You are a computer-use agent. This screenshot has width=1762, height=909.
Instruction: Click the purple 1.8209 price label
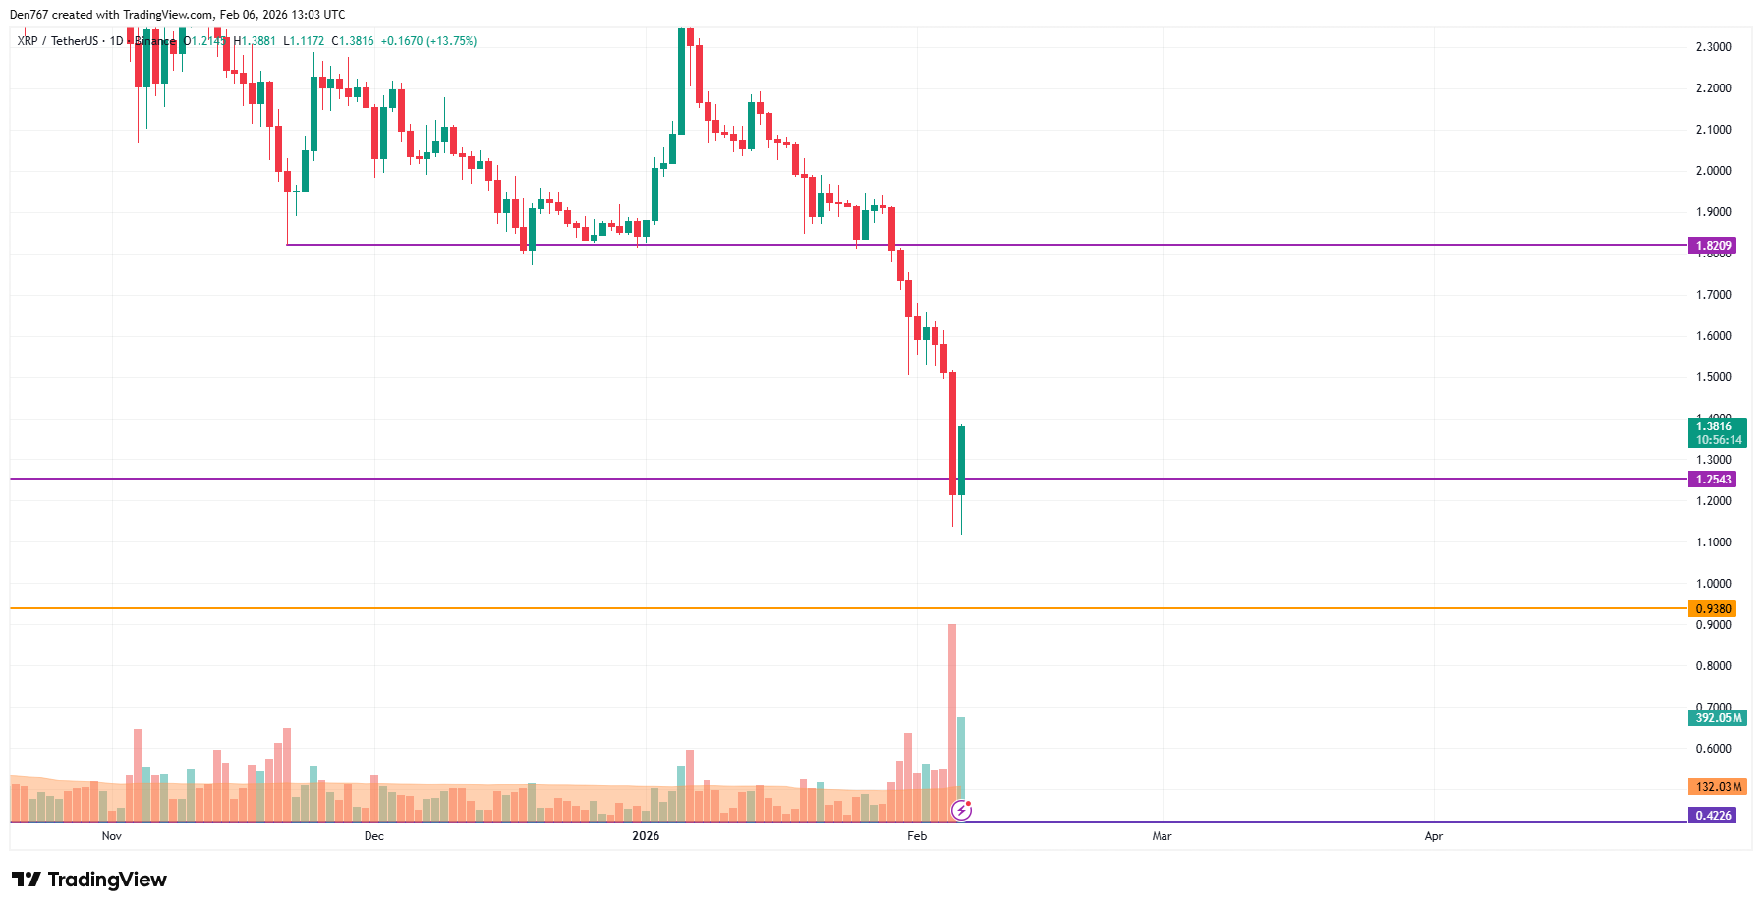pos(1712,245)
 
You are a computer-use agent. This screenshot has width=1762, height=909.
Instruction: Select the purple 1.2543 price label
pos(1712,479)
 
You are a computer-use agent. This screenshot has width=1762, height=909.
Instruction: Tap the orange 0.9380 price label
pos(1712,608)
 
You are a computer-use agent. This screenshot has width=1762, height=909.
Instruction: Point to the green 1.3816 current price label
pos(1716,426)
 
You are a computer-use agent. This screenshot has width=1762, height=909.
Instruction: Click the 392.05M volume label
pos(1717,717)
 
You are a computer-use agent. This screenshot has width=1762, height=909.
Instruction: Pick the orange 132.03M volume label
pos(1717,786)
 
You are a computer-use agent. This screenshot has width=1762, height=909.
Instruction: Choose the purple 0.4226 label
pos(1712,815)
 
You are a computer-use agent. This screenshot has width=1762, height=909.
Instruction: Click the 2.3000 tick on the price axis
pos(1713,47)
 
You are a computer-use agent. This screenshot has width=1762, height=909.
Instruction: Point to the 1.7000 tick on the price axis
pos(1713,295)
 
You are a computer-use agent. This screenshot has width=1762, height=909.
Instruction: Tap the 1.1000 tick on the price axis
pos(1713,542)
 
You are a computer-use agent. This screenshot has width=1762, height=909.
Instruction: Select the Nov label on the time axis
pos(112,836)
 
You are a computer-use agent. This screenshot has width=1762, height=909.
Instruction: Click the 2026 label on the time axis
pos(646,836)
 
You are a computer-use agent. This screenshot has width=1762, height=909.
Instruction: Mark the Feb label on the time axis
pos(917,836)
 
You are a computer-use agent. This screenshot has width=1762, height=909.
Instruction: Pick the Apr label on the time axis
pos(1434,836)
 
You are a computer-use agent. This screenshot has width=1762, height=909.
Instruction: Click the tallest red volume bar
pos(952,717)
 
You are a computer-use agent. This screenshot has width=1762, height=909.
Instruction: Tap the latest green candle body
pos(961,460)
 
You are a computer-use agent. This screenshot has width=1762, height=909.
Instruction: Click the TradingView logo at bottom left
pos(89,880)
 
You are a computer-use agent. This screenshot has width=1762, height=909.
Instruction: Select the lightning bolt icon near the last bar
pos(962,810)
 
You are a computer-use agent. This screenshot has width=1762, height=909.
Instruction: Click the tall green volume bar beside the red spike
pos(961,767)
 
